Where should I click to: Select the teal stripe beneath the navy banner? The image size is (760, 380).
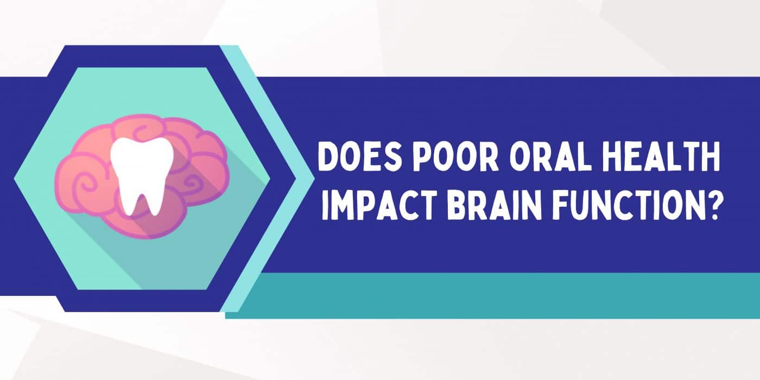pos(492,295)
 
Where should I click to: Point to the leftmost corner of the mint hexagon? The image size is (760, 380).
pos(14,179)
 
